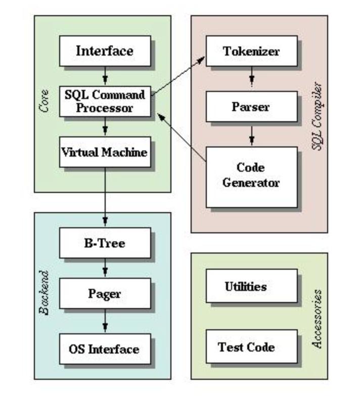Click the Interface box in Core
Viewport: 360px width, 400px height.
pos(105,51)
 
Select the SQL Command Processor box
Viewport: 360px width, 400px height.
pos(105,102)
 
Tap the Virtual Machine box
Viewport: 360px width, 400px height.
pos(105,152)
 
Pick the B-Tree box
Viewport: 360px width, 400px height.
pos(105,243)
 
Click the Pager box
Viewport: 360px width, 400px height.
pos(105,293)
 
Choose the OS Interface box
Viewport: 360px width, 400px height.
pos(105,349)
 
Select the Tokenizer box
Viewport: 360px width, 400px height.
pos(251,51)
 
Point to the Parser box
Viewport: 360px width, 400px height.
pos(251,107)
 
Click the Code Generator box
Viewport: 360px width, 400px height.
pos(251,177)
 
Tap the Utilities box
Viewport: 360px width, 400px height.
pos(251,286)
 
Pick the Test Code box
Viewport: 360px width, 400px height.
pos(251,346)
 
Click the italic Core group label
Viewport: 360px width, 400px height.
pos(44,101)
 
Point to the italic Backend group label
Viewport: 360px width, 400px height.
pos(44,293)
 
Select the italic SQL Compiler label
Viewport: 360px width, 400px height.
pos(318,116)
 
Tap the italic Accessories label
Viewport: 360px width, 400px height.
pos(318,319)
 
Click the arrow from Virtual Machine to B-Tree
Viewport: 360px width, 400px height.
pos(105,196)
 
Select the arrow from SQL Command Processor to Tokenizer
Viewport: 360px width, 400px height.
pos(178,76)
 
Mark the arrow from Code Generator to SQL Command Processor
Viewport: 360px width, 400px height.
pos(182,137)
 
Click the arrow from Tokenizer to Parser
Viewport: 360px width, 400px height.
pos(252,76)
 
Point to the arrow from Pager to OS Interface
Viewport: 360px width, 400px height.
pos(105,320)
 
